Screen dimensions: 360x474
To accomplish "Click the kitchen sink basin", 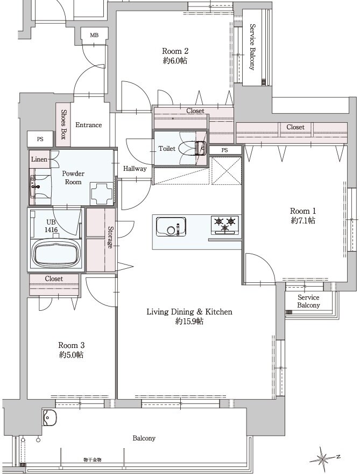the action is pos(171,227).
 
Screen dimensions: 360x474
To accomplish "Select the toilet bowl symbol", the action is pos(193,149).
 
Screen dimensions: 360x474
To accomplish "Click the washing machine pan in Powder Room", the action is pos(102,193).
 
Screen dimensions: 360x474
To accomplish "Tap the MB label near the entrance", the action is pos(94,36).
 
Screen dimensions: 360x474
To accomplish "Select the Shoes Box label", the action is pos(63,124).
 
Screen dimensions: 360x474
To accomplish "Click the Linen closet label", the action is pos(39,159).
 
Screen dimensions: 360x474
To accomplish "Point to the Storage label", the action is pos(110,238).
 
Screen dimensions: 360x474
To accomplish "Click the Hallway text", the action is pos(135,169).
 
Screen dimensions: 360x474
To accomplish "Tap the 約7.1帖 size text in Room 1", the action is pos(303,221).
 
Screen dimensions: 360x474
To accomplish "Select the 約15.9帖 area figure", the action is pos(189,321).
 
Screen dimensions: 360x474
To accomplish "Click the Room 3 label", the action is pos(71,345).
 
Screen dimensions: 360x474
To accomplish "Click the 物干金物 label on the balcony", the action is pos(93,460).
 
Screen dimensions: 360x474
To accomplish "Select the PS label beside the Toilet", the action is pos(224,150).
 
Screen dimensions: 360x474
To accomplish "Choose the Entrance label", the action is pos(88,125).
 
